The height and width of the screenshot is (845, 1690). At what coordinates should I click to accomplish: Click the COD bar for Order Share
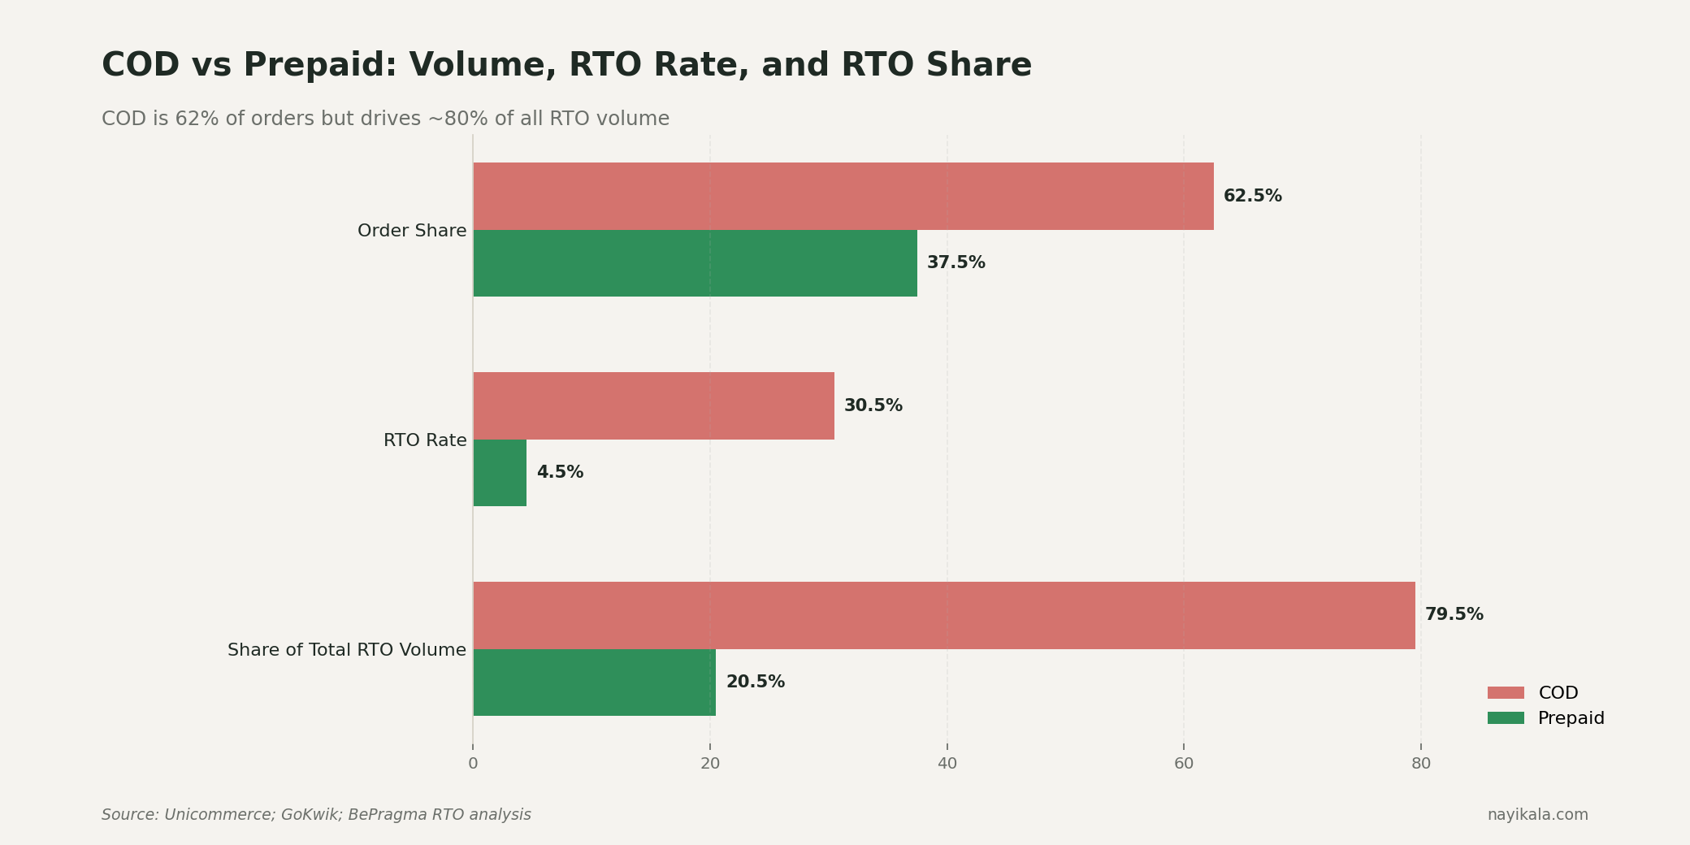point(843,196)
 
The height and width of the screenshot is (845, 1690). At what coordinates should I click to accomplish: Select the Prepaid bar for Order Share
point(695,263)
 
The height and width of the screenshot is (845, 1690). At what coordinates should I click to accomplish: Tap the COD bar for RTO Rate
point(653,405)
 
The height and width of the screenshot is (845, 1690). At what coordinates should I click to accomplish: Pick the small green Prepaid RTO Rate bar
point(500,473)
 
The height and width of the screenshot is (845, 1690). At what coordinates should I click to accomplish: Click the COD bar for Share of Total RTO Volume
point(944,615)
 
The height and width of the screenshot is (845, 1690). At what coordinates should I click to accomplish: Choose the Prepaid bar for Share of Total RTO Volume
point(594,682)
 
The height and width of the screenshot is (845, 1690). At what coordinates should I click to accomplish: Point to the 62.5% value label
point(1252,196)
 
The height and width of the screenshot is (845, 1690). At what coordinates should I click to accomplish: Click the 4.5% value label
point(560,472)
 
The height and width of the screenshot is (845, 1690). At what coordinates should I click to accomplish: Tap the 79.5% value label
point(1454,615)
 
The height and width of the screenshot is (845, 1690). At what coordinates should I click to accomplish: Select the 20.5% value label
point(755,682)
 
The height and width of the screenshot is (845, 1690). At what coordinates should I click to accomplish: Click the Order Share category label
point(412,231)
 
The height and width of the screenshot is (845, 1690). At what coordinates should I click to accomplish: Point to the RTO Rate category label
point(425,440)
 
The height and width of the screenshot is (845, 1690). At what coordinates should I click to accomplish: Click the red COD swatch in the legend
point(1506,693)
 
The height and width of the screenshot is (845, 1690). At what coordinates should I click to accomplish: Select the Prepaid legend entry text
point(1571,718)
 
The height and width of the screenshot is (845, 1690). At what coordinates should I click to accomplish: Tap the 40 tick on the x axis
point(947,764)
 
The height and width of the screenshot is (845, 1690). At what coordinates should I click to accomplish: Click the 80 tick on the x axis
point(1420,764)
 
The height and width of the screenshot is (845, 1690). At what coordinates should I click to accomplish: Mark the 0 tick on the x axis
point(473,764)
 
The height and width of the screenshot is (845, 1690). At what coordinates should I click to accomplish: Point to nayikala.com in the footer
point(1537,815)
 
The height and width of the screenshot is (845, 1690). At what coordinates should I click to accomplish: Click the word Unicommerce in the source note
point(219,815)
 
